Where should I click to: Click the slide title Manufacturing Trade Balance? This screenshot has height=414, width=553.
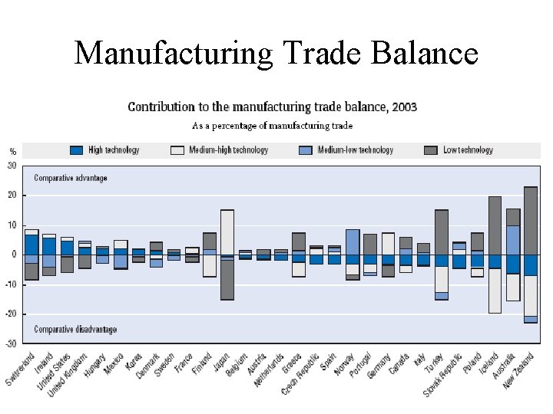click(x=276, y=53)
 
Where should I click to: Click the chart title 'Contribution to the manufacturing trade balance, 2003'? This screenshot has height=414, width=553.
click(x=272, y=107)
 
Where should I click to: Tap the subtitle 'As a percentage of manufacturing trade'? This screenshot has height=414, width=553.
click(x=272, y=125)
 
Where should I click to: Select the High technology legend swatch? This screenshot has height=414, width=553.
click(x=77, y=150)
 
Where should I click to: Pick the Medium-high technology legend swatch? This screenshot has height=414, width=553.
click(x=177, y=150)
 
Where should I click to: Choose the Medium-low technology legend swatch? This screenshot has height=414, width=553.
click(x=306, y=150)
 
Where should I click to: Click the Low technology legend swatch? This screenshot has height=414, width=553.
click(x=430, y=150)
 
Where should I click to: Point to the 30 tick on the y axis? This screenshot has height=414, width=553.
click(x=12, y=165)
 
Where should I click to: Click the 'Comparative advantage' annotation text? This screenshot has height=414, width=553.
click(x=71, y=178)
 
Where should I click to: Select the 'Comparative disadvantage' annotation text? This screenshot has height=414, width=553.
click(x=75, y=330)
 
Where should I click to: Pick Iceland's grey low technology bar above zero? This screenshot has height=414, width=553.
click(x=495, y=225)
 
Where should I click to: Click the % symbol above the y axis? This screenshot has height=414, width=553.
click(x=12, y=151)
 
